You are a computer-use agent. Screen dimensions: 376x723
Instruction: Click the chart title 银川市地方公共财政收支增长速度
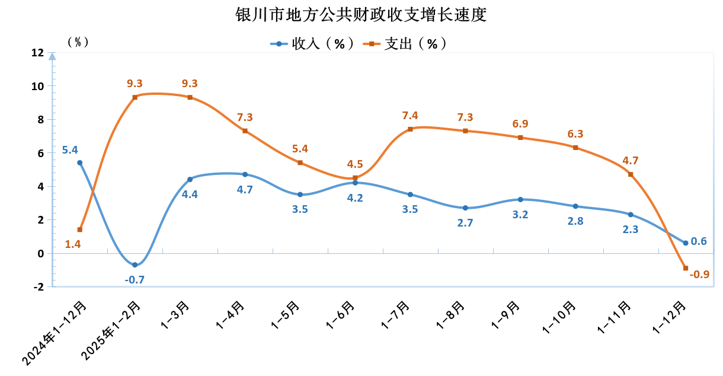(361, 14)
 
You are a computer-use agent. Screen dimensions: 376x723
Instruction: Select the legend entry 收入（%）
(312, 44)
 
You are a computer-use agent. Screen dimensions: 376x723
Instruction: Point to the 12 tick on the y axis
(37, 53)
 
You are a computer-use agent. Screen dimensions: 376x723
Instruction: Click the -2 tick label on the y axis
(39, 286)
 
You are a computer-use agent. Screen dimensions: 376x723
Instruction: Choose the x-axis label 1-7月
(396, 315)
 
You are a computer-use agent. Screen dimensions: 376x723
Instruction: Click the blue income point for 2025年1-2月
(135, 265)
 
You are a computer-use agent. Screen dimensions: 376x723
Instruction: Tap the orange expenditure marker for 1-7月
(410, 129)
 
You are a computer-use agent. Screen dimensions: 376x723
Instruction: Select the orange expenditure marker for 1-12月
(686, 268)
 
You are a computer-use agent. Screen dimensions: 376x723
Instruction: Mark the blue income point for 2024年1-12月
(80, 162)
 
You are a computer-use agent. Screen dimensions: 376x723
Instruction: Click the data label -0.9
(700, 275)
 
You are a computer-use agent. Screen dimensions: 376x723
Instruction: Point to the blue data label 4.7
(245, 190)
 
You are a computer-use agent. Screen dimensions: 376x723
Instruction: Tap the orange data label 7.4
(410, 116)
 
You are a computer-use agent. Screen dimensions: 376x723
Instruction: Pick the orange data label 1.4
(73, 244)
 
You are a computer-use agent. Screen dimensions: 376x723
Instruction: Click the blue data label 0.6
(699, 241)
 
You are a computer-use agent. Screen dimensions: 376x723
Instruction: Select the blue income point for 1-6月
(355, 183)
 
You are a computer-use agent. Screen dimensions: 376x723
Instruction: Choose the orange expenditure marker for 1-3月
(190, 97)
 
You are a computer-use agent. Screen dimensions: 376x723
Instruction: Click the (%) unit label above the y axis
(78, 42)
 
